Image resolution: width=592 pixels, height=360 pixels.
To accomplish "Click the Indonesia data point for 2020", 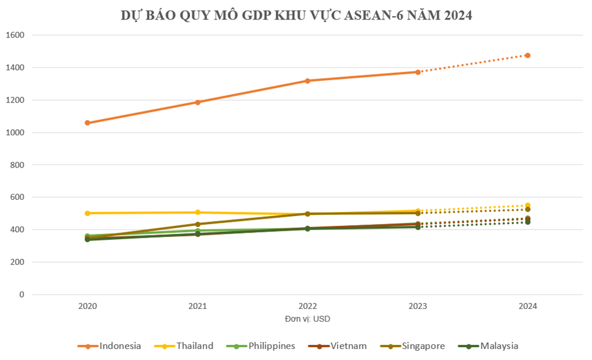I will pos(87,123).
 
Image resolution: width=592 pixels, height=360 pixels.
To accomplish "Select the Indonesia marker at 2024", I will pos(528,55).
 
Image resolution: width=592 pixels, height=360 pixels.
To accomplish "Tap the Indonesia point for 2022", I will pos(308,81).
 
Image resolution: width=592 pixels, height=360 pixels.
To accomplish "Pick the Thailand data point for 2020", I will pos(87,213).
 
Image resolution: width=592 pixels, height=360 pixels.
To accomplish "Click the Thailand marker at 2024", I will pos(528,205).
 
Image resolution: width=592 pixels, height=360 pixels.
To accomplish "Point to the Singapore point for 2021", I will pos(197,224).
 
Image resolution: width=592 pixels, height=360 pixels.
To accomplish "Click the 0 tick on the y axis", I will pos(22,294).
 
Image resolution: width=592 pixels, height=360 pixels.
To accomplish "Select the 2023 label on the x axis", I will pos(418,307).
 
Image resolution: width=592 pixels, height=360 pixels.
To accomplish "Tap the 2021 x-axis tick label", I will pos(197,307).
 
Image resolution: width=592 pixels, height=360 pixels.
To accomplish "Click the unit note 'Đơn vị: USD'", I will pos(307,319).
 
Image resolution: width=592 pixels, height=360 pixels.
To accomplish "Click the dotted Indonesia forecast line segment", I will pos(472,64).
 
